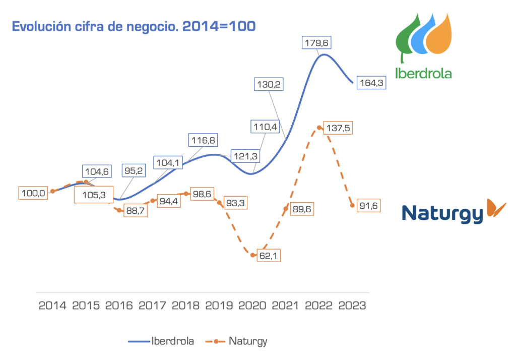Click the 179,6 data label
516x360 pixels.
pos(318,42)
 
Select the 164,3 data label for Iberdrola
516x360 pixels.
pos(371,83)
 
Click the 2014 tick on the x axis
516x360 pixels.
pos(52,306)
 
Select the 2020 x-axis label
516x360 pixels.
pos(252,306)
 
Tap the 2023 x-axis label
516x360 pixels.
pos(352,306)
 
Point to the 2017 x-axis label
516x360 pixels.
pos(153,306)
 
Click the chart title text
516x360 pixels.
pos(134,26)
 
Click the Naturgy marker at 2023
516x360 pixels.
pos(352,205)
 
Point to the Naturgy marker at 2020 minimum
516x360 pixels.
pos(253,255)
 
